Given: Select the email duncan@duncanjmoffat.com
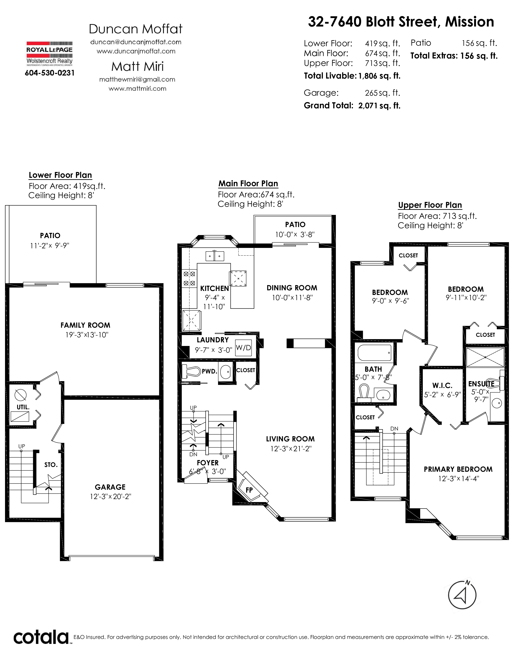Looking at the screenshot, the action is pyautogui.click(x=136, y=42).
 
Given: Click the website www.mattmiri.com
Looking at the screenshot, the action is pyautogui.click(x=137, y=89).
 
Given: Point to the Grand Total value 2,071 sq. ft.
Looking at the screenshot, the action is pyautogui.click(x=379, y=106).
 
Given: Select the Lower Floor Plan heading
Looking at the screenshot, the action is pyautogui.click(x=60, y=175).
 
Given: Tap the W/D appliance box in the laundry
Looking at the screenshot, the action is pyautogui.click(x=244, y=348).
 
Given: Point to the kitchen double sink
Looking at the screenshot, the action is pyautogui.click(x=215, y=256).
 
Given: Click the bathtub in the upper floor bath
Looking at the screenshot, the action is pyautogui.click(x=375, y=352).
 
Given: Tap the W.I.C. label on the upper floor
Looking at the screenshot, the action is pyautogui.click(x=442, y=386).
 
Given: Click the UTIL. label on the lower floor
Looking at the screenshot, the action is pyautogui.click(x=23, y=407).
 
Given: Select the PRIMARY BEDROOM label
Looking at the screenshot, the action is pyautogui.click(x=458, y=469).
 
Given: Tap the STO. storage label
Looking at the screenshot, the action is pyautogui.click(x=51, y=465).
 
